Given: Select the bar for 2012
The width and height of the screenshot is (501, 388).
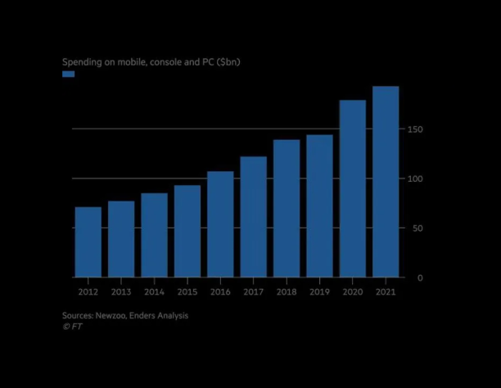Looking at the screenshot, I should click(88, 242).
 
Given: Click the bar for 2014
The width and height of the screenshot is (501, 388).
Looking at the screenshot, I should click(155, 236).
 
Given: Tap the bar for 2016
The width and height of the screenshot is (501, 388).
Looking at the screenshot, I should click(220, 224).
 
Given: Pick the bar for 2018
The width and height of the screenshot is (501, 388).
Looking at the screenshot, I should click(287, 209).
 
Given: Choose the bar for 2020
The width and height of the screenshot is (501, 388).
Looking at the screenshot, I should click(353, 189).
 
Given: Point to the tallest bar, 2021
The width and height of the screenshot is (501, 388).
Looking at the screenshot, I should click(386, 182).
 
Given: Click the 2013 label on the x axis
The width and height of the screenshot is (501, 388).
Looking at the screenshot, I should click(121, 291).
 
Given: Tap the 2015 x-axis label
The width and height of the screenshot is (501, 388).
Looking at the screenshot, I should click(187, 291).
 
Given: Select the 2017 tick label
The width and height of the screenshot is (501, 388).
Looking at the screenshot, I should click(253, 291).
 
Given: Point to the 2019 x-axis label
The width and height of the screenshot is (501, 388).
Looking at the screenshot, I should click(319, 291).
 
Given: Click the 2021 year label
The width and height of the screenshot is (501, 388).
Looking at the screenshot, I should click(386, 291).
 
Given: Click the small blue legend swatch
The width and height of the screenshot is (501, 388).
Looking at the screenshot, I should click(69, 74).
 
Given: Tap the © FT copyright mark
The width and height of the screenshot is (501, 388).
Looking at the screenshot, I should click(72, 326).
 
